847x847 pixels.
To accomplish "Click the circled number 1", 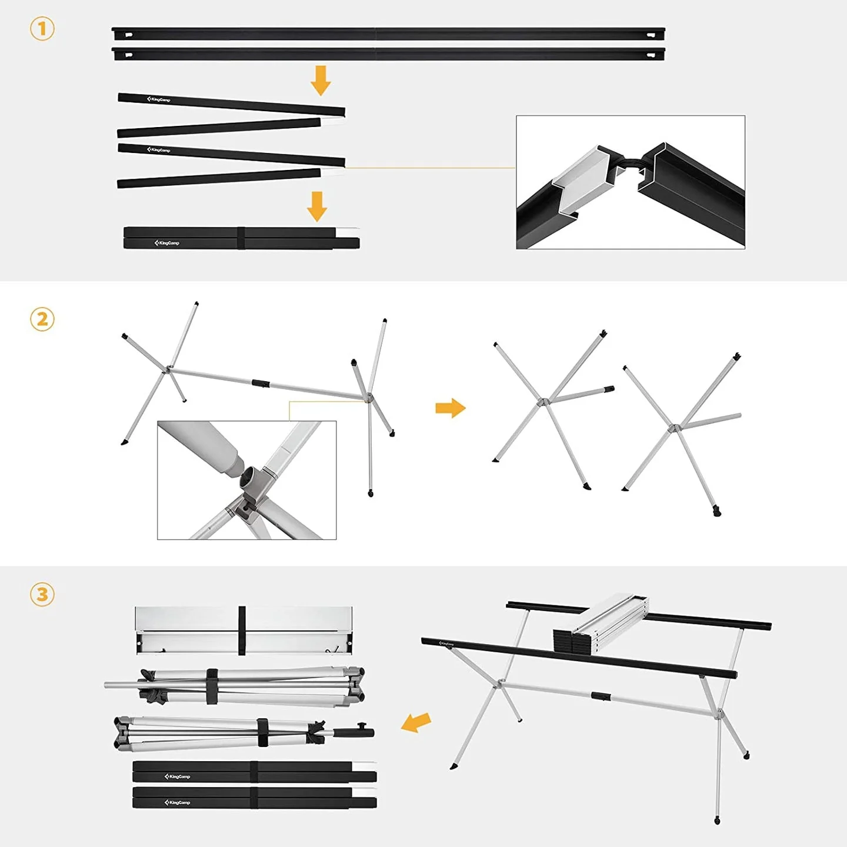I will point(42,29).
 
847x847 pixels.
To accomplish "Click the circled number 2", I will point(42,319).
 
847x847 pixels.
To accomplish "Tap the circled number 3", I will point(42,594).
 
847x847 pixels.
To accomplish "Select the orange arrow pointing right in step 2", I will point(451,408).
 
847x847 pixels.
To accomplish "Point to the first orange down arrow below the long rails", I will point(321,81).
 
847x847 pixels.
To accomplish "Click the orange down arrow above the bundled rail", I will point(317,206).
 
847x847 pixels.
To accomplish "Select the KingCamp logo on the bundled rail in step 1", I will point(167,243).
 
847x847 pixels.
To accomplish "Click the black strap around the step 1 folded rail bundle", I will point(241,238).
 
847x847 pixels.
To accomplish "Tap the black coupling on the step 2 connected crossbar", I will point(261,384).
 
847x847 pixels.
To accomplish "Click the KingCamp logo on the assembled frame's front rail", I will point(446,644).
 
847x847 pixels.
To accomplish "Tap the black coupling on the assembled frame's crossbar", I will point(600,696).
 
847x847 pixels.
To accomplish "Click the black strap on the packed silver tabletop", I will point(242,631).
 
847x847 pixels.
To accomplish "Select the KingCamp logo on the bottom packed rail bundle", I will point(178,802).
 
